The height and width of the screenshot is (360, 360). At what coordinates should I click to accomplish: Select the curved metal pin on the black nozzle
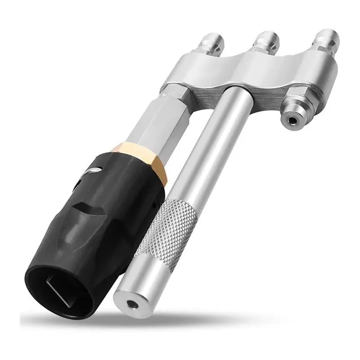93,171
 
